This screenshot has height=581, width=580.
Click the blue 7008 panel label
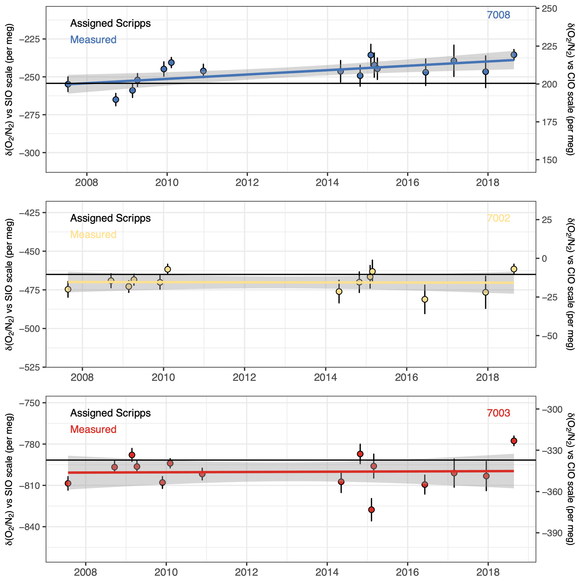498,15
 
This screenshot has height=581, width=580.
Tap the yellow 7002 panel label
498,218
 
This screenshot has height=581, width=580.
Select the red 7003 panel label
498,413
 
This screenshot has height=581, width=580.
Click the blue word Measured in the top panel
93,40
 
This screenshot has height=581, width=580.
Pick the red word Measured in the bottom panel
93,429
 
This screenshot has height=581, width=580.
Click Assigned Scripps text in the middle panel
110,218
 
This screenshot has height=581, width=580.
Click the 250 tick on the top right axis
549,9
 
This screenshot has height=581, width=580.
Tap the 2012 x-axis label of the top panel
247,183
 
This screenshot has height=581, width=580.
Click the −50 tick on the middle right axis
550,336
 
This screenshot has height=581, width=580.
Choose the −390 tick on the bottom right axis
552,533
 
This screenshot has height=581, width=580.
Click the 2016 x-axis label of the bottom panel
407,572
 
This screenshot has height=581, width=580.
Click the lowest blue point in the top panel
116,100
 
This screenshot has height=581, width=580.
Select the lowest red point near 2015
372,510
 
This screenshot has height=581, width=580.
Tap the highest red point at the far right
514,441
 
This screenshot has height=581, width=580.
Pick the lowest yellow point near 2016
425,299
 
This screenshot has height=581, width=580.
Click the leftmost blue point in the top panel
68,84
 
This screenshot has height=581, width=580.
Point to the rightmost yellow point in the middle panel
514,269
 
